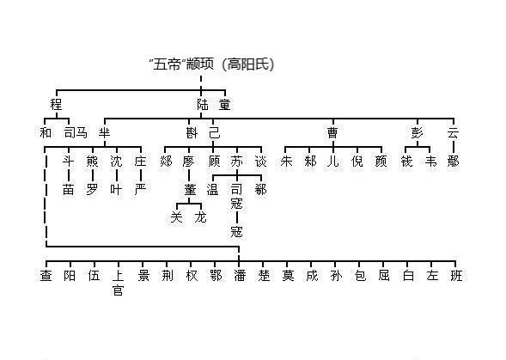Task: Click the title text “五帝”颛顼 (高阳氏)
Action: (x=212, y=64)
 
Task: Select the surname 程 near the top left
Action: (x=57, y=104)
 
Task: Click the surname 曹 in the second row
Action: (x=332, y=132)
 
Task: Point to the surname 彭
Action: (x=418, y=132)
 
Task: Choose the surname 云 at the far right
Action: (x=453, y=132)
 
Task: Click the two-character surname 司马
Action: (x=76, y=132)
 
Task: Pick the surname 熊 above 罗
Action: (x=93, y=161)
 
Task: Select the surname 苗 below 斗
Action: (x=69, y=188)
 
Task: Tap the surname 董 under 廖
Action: (x=190, y=188)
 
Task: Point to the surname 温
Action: (x=213, y=188)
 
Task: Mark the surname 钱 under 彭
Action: (x=407, y=161)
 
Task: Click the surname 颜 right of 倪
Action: (x=381, y=161)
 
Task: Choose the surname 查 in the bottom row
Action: (x=46, y=275)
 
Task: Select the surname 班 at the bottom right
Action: (x=455, y=275)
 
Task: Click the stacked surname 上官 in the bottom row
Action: (x=118, y=283)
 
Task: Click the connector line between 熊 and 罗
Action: (x=93, y=174)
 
